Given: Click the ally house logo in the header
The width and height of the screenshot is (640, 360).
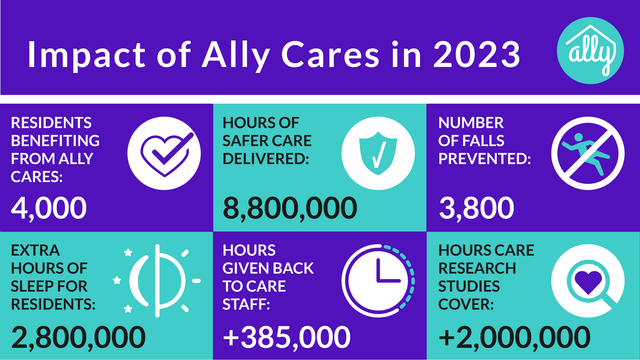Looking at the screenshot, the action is pos(590,51).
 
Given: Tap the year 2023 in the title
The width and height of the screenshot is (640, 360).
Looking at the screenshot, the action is pos(477,55).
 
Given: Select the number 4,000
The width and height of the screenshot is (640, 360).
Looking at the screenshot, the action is pos(49,208).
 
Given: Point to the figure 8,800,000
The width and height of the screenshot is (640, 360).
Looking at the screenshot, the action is pos(290,208).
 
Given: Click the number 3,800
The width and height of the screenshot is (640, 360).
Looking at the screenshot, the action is pos(477,208).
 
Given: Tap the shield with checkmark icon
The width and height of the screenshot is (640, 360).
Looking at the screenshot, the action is pos(378,153).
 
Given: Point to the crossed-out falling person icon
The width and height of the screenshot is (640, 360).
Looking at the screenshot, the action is pos(588,153).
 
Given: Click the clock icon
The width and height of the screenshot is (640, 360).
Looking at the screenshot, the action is pos(378,281).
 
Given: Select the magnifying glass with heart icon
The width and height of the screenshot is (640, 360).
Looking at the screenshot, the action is pos(588,281).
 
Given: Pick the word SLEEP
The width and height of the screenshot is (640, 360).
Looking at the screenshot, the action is pos(29,286).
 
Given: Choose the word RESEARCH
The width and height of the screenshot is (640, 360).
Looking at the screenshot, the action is pos(477,268).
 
